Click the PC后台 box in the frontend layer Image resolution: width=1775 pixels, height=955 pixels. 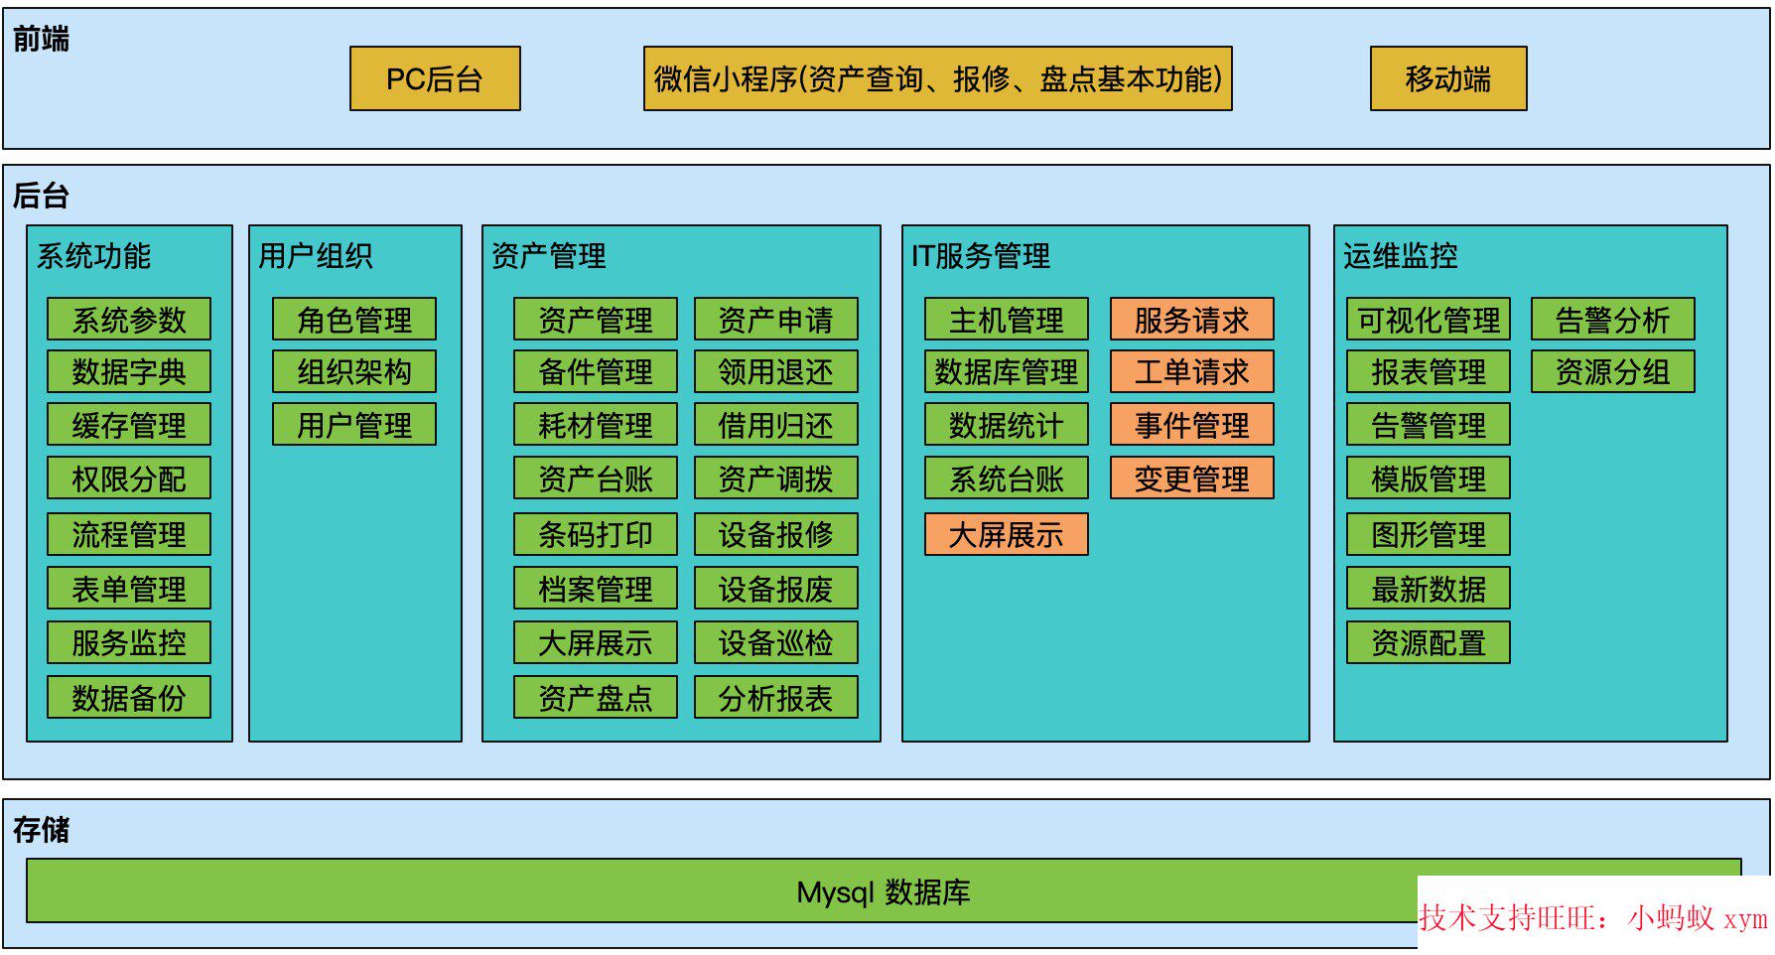(434, 78)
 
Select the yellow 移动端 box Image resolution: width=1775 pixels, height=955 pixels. (1447, 78)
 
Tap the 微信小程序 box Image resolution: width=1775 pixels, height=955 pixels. (937, 78)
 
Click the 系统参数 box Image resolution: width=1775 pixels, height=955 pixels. (129, 320)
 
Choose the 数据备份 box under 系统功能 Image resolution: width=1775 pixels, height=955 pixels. (129, 697)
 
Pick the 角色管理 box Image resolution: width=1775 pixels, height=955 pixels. (354, 320)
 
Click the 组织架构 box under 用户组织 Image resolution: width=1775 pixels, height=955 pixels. (354, 372)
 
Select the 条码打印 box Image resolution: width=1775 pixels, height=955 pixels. (595, 534)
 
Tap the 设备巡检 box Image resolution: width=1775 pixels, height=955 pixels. (775, 642)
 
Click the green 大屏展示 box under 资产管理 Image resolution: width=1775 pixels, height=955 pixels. (595, 642)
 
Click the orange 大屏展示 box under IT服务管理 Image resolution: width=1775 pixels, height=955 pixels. (1006, 534)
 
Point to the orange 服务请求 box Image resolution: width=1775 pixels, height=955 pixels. (1191, 320)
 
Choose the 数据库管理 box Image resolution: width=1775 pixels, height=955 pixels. (1006, 372)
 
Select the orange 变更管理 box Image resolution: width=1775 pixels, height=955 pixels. (1191, 478)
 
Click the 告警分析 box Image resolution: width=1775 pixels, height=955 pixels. (1612, 320)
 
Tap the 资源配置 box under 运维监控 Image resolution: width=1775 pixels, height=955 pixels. (1428, 642)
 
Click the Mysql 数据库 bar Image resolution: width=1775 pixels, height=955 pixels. (883, 891)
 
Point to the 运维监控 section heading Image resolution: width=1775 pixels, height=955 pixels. (1400, 256)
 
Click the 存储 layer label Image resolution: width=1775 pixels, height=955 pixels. (41, 829)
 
